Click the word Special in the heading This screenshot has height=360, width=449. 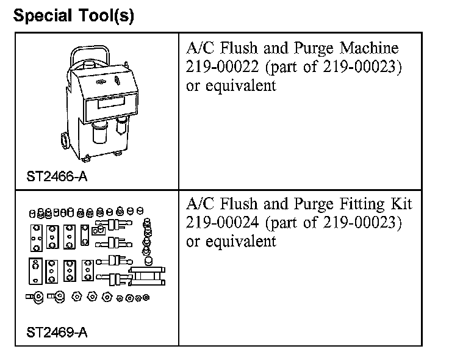tap(39, 15)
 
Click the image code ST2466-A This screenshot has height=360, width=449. tap(57, 177)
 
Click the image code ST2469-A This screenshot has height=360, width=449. tap(57, 333)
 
